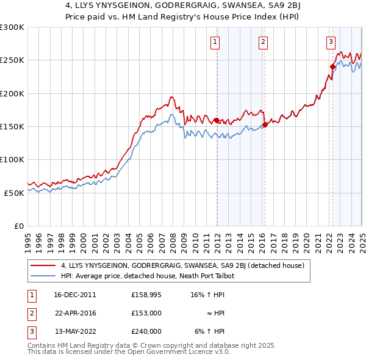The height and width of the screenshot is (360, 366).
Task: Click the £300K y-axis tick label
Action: [12, 27]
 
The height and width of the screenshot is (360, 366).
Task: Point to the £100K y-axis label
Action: [12, 159]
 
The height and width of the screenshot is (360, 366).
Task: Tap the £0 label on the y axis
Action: [19, 226]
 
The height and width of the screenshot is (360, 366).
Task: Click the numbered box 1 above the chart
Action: [216, 42]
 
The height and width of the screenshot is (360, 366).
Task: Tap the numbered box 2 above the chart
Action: [263, 42]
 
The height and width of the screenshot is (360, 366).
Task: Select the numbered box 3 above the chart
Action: [331, 42]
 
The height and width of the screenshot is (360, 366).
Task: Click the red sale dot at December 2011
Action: [217, 120]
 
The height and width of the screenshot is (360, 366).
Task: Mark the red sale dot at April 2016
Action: [265, 124]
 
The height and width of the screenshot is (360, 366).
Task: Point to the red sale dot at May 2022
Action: [332, 67]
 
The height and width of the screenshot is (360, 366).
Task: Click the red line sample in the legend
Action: [43, 265]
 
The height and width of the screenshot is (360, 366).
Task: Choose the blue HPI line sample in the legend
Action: [43, 276]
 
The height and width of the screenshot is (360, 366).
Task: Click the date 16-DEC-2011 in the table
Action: [74, 294]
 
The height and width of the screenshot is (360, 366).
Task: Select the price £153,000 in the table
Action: [146, 312]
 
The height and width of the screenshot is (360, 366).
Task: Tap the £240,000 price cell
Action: [146, 331]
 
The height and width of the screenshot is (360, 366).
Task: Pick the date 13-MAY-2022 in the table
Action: [75, 331]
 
